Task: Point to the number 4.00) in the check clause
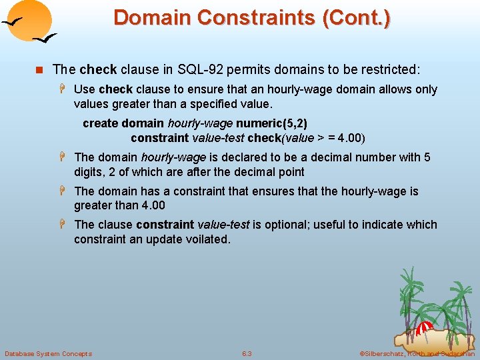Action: pyautogui.click(x=351, y=138)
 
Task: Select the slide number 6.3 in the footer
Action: pyautogui.click(x=247, y=353)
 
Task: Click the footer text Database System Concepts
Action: pyautogui.click(x=48, y=353)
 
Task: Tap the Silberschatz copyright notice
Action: pyautogui.click(x=417, y=353)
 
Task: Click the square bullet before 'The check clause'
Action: pyautogui.click(x=39, y=69)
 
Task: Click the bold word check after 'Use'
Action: pyautogui.click(x=116, y=89)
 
